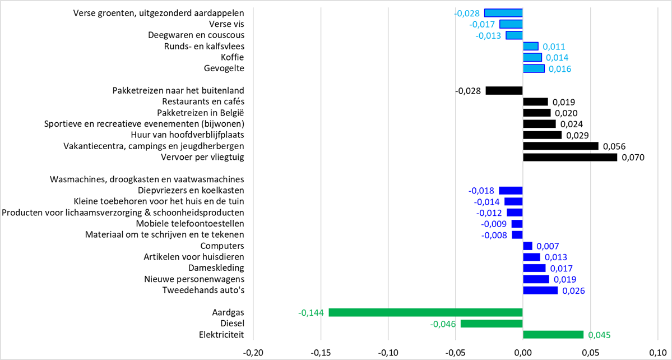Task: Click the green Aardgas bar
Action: click(425, 312)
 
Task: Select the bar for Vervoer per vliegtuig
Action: click(570, 157)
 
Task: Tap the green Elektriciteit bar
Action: click(553, 335)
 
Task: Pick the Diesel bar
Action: click(492, 324)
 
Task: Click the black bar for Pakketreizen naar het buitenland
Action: click(504, 90)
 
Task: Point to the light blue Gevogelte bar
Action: click(534, 68)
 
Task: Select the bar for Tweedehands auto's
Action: click(540, 290)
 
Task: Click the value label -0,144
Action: click(311, 313)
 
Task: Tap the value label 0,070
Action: click(633, 158)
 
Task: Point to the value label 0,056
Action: click(614, 146)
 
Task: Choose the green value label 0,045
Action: click(599, 335)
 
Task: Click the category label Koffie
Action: click(233, 57)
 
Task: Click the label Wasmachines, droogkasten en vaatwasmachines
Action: click(147, 179)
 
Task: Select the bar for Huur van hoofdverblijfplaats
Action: click(542, 135)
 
